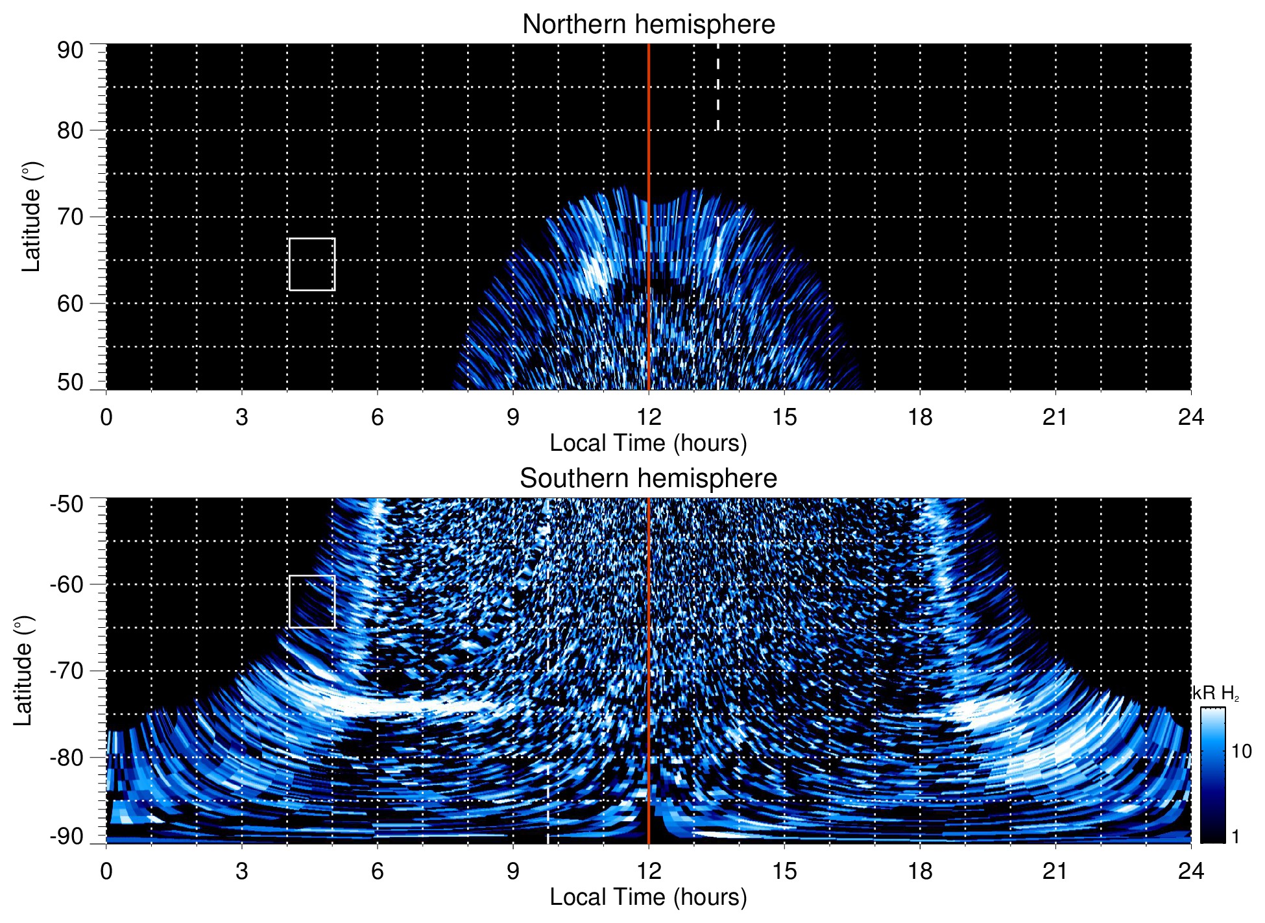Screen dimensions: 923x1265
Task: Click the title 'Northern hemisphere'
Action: pos(648,25)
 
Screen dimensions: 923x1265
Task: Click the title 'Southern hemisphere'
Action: pos(648,479)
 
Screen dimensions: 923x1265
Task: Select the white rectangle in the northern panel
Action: pos(312,264)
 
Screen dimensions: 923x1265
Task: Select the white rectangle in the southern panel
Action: pos(312,601)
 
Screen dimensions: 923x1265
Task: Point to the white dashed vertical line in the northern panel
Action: pos(717,88)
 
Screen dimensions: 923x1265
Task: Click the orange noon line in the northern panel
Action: pos(649,130)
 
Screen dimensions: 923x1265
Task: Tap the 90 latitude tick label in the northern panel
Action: pos(70,51)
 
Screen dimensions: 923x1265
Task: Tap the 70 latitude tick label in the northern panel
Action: pos(70,217)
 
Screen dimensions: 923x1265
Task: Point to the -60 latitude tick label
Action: pos(67,584)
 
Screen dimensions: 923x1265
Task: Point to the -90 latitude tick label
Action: pos(67,837)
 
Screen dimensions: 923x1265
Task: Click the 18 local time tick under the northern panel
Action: pos(920,417)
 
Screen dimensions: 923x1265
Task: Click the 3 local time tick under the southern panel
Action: pos(242,871)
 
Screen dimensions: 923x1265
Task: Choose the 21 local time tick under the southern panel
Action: pos(1055,871)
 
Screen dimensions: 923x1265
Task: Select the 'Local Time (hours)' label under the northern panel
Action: pos(648,444)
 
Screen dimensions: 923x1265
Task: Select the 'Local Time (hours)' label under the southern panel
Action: pos(648,898)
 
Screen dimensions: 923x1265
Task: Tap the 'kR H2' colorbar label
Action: pos(1216,694)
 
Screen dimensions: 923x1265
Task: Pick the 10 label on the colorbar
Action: pos(1241,752)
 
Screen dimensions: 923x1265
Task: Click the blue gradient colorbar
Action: pos(1212,775)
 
